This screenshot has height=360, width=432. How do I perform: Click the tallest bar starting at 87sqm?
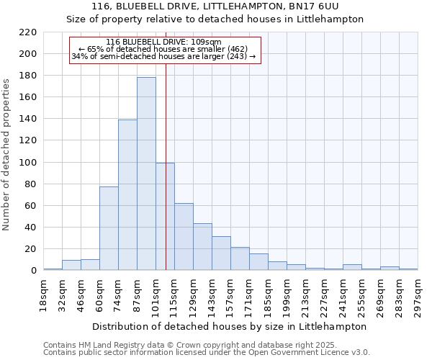pos(146,174)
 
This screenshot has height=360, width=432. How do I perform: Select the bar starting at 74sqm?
pos(127,195)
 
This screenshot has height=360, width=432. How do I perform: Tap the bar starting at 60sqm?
pos(109,228)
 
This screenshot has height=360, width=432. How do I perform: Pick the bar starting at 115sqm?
pos(184,237)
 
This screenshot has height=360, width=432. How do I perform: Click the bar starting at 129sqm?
pos(202,247)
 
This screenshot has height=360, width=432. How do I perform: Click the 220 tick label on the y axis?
pos(27,32)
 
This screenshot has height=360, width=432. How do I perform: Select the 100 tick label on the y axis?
pos(27,163)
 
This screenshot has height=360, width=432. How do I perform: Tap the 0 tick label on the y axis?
pos(33,271)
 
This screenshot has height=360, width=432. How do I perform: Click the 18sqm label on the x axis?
pos(43,294)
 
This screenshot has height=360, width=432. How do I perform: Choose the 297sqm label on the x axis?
pos(418,294)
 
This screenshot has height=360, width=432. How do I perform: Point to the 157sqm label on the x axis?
pos(230,294)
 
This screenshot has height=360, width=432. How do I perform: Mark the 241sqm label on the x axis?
pos(343,294)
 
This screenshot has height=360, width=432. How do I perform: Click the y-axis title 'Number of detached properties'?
pos(7,155)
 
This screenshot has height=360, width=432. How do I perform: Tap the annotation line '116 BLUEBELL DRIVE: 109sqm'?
pos(163,42)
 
